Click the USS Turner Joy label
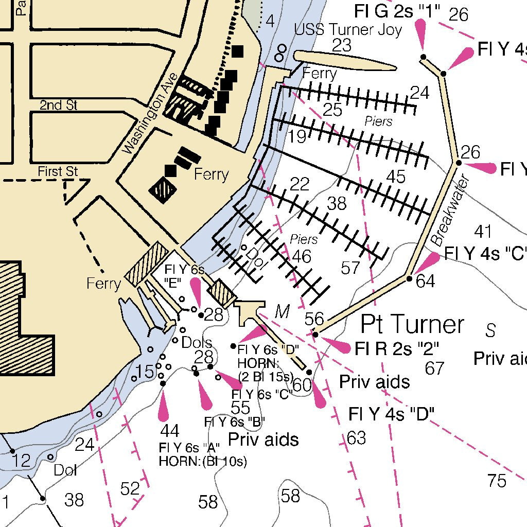point(348,30)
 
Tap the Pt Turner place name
point(412,324)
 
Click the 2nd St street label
point(59,105)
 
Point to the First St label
point(58,171)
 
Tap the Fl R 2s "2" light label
point(397,349)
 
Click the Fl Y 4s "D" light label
point(391,413)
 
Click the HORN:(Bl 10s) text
point(203,461)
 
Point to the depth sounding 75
point(497,481)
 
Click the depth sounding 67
point(435,368)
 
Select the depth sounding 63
point(356,438)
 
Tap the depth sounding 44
point(170,430)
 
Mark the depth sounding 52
point(130,488)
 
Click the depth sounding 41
point(483,232)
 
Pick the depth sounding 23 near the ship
point(341,45)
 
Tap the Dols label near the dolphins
point(197,342)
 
